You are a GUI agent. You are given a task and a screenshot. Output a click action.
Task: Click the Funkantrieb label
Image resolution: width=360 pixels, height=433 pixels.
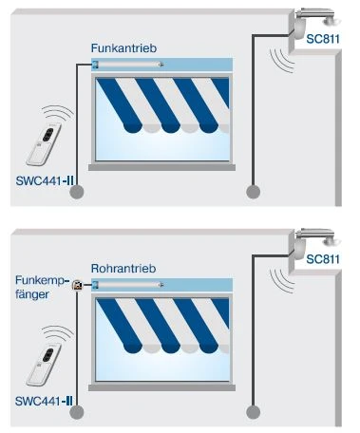tap(123, 48)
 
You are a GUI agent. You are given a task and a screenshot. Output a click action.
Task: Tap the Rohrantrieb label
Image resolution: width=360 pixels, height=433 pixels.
tap(123, 269)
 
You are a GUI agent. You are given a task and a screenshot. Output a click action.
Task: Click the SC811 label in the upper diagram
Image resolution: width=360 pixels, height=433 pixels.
tap(323, 39)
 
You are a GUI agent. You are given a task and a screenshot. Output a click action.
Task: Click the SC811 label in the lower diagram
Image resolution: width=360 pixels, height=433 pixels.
tap(323, 259)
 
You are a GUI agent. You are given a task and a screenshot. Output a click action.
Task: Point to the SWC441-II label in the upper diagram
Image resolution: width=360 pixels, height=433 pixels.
tap(45, 181)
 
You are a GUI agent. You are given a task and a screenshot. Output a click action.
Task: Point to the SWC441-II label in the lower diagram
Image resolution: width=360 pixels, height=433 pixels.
tap(44, 402)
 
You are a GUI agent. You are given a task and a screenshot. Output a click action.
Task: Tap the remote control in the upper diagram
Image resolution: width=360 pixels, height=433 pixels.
tap(44, 144)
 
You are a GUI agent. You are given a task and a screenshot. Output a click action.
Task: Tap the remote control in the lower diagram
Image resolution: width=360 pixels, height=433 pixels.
tap(44, 364)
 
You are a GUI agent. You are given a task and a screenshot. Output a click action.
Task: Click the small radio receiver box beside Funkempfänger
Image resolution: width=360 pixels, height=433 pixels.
tap(77, 285)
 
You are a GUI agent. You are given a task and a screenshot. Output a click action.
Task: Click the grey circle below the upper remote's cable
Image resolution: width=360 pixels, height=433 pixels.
tap(77, 192)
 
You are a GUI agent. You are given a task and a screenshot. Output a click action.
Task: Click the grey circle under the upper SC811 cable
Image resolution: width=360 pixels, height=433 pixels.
tap(253, 192)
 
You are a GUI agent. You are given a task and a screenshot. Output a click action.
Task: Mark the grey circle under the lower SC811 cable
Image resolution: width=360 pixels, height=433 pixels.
tap(253, 412)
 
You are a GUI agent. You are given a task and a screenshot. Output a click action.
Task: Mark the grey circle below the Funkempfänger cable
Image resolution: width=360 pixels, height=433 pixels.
tap(77, 412)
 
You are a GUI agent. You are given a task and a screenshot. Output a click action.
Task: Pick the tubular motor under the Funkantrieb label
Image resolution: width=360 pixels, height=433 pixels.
tap(128, 65)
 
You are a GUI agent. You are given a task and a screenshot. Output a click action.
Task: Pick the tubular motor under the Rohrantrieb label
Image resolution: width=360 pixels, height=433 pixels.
tap(128, 285)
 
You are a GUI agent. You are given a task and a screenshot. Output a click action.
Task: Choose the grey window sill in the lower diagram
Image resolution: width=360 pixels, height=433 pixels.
tap(161, 387)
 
